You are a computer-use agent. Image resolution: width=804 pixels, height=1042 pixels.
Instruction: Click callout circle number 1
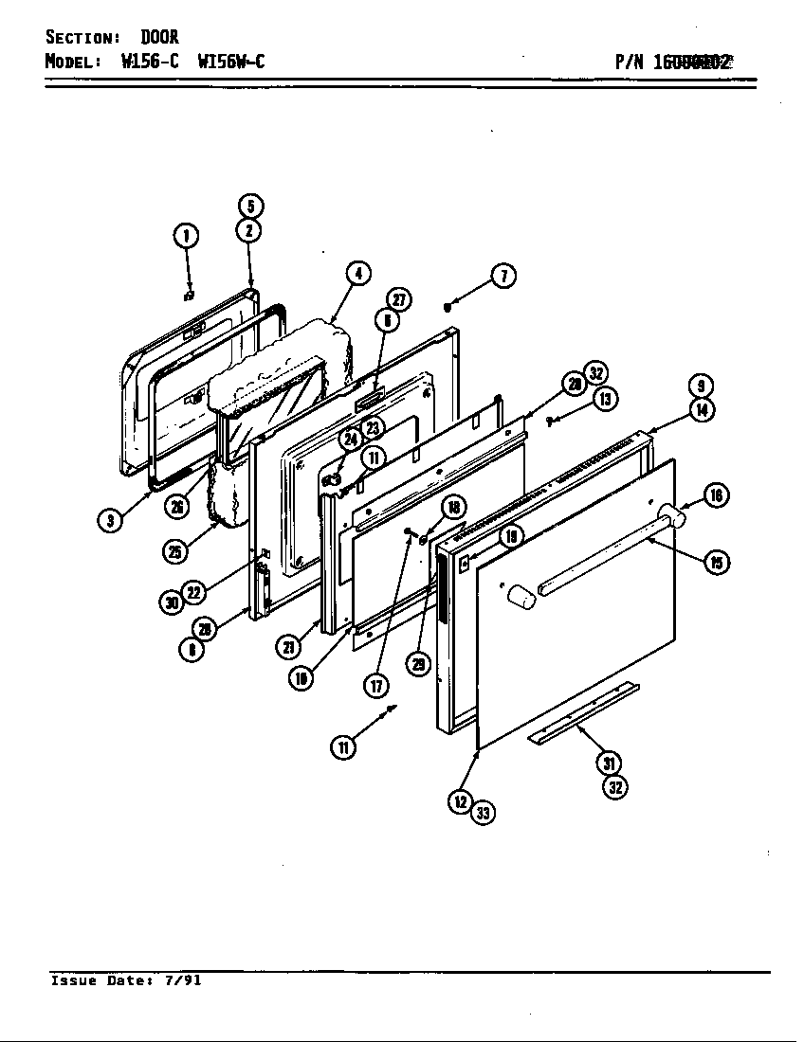pyautogui.click(x=188, y=235)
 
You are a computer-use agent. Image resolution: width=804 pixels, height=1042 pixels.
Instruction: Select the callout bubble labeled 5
pyautogui.click(x=249, y=207)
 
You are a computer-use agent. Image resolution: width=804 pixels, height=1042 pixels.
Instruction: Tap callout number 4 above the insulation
pyautogui.click(x=356, y=274)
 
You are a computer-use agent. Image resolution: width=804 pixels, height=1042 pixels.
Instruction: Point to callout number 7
pyautogui.click(x=503, y=276)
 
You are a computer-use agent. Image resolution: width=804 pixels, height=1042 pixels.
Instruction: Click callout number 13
pyautogui.click(x=606, y=398)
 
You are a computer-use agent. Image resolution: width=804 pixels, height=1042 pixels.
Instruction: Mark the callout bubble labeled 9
pyautogui.click(x=701, y=386)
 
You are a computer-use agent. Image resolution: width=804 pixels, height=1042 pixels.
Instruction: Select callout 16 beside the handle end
pyautogui.click(x=716, y=494)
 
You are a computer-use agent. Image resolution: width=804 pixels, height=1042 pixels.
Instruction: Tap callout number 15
pyautogui.click(x=716, y=563)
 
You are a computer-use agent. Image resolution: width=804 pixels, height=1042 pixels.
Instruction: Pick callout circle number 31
pyautogui.click(x=610, y=763)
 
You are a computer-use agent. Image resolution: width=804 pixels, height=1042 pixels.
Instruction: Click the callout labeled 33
pyautogui.click(x=484, y=813)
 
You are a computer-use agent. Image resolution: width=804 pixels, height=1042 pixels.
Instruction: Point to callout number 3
pyautogui.click(x=111, y=520)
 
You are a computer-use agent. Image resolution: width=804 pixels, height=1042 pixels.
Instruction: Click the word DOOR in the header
pyautogui.click(x=159, y=38)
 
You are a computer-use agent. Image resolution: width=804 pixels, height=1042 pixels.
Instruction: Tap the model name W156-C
pyautogui.click(x=150, y=62)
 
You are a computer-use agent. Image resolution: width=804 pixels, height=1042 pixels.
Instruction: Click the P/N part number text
pyautogui.click(x=673, y=63)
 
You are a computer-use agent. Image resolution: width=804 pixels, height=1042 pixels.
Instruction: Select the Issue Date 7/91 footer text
pyautogui.click(x=125, y=981)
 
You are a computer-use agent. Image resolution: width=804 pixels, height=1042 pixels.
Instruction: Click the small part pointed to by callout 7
pyautogui.click(x=448, y=305)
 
